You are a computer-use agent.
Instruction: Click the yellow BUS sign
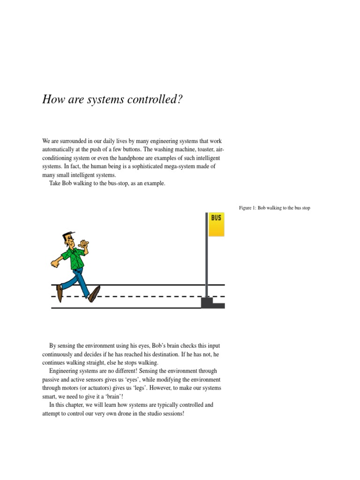pos(216,225)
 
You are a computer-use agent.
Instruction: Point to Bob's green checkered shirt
pos(74,257)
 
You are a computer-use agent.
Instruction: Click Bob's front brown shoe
pos(94,293)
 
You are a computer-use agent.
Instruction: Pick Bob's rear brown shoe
pos(60,292)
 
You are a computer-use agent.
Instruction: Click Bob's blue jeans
pos(80,279)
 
